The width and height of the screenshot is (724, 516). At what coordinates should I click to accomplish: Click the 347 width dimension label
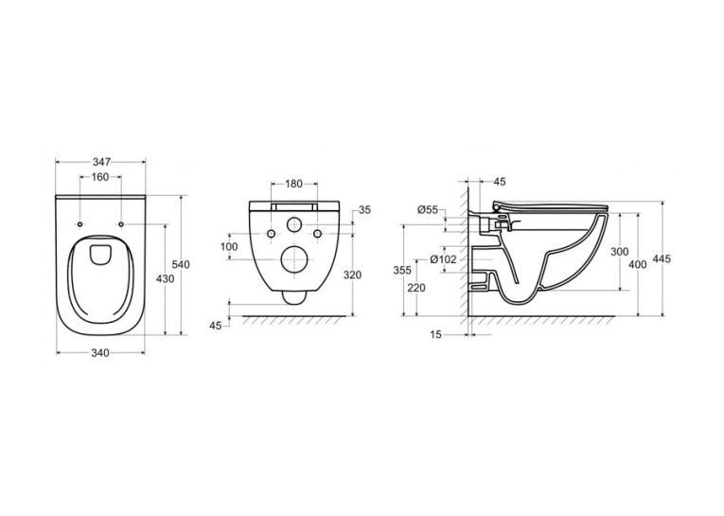tap(101, 162)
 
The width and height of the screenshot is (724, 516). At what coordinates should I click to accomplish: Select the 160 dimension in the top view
tap(100, 177)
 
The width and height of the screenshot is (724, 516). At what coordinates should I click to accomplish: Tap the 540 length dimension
tap(181, 265)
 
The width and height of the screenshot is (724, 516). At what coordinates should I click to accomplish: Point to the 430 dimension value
tap(166, 279)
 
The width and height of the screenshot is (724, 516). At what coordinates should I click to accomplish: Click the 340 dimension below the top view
tap(99, 353)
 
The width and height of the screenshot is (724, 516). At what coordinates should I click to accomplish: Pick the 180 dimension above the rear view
tap(293, 184)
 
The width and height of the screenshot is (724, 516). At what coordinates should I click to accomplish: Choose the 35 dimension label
tap(364, 210)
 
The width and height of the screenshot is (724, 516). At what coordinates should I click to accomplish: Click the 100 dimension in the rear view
tap(229, 247)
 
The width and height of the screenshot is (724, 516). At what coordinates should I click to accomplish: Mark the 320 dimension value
tap(353, 276)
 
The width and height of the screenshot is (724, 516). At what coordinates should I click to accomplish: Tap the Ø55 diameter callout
tap(428, 210)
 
